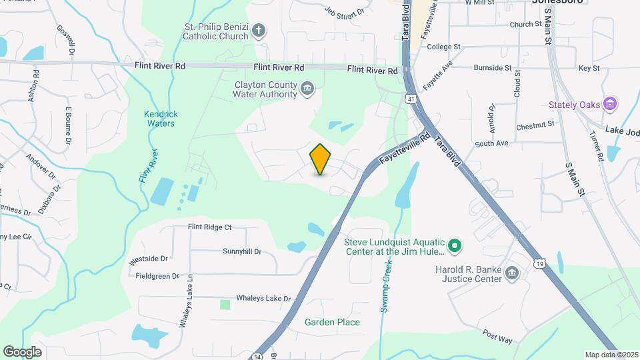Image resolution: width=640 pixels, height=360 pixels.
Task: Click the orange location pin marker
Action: (x=320, y=159)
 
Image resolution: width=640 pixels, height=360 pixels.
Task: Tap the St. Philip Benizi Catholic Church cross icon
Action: (x=259, y=30)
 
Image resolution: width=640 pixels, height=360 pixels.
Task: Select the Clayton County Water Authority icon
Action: (x=307, y=88)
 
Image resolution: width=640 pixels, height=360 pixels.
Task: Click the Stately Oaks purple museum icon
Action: (x=609, y=104)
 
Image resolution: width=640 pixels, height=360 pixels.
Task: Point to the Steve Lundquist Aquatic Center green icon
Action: (x=455, y=246)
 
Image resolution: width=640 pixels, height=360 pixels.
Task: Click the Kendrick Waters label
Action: (x=160, y=119)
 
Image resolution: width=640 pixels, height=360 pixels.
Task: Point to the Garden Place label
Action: (x=332, y=322)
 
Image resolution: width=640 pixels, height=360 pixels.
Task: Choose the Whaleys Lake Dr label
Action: (x=264, y=299)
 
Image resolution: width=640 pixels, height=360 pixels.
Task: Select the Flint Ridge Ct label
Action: (x=209, y=227)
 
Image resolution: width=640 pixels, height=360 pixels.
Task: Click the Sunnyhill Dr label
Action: (x=242, y=252)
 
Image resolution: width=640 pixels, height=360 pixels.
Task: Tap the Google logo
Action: (x=22, y=351)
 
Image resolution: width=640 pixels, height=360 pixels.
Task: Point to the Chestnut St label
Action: (x=535, y=125)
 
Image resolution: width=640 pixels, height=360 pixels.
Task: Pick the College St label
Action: (x=444, y=47)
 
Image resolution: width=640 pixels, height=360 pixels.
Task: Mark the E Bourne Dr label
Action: (x=67, y=125)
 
